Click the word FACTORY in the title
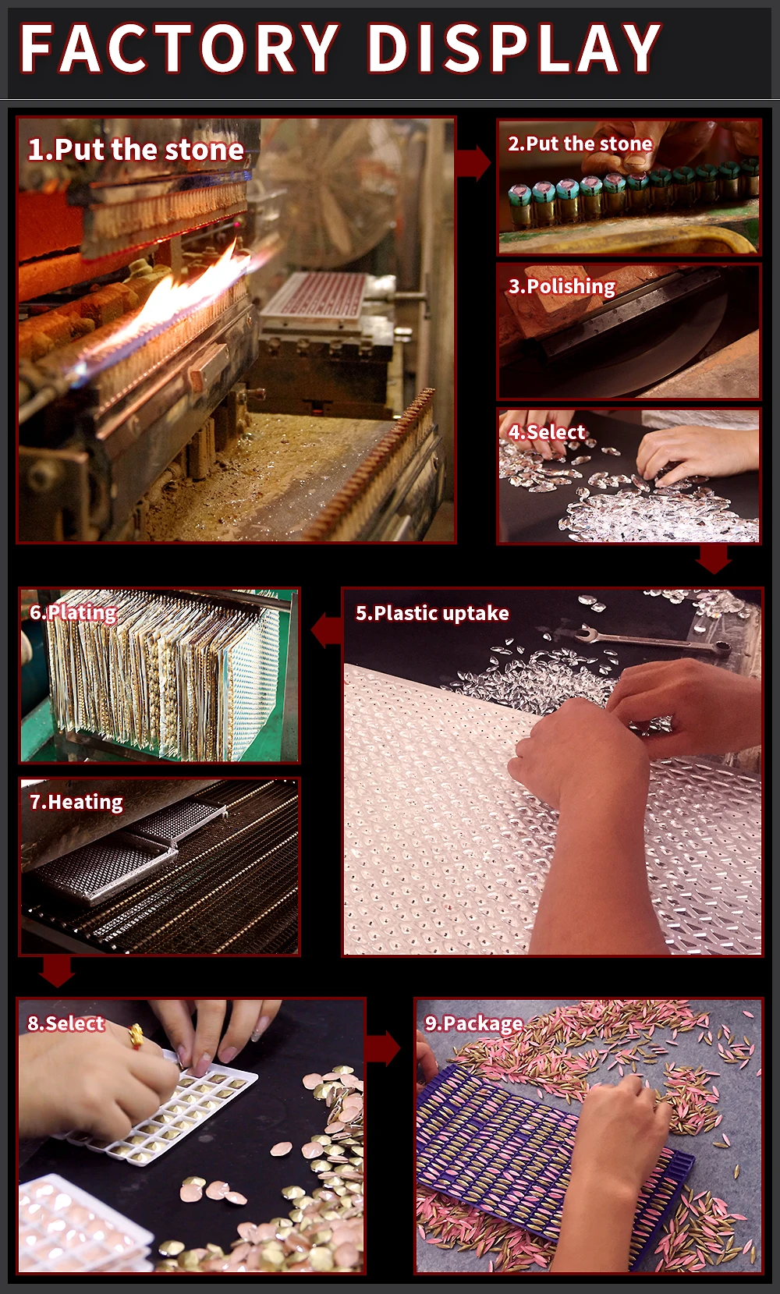[x=179, y=48]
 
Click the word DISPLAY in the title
[x=514, y=48]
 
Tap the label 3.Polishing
[x=562, y=286]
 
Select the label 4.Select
[x=547, y=432]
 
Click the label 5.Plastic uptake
[x=432, y=613]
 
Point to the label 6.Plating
[x=73, y=612]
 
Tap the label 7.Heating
[x=76, y=802]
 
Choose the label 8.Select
[x=66, y=1023]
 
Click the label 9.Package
[x=473, y=1023]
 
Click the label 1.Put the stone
[x=136, y=151]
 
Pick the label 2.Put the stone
[x=580, y=144]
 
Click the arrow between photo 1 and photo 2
[x=473, y=164]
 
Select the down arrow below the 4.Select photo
[x=714, y=559]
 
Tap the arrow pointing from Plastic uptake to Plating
[x=327, y=631]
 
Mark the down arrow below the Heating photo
[x=57, y=972]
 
